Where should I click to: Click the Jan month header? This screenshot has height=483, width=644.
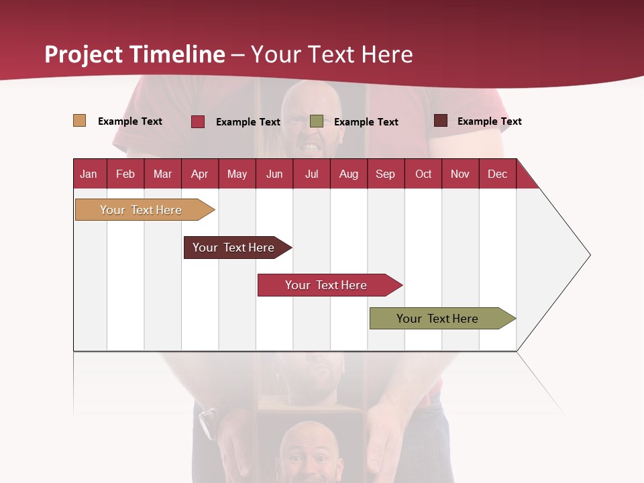[89, 174]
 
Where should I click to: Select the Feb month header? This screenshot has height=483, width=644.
[125, 174]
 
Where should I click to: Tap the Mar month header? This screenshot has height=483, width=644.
[162, 174]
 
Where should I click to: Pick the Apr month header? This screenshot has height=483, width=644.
[199, 174]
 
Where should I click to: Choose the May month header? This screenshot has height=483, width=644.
[237, 174]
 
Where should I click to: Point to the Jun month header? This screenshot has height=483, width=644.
[274, 174]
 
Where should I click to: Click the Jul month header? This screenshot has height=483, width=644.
[311, 174]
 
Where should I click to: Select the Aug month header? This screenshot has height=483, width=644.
[348, 174]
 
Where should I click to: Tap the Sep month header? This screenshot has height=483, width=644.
[385, 174]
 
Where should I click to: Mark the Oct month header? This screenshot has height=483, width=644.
[423, 174]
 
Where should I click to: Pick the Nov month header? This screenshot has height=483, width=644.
[460, 174]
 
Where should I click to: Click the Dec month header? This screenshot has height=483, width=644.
[497, 174]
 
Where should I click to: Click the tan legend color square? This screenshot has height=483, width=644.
[79, 121]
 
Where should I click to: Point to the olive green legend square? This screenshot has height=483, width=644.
[317, 121]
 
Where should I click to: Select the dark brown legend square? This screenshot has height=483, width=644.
[441, 121]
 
